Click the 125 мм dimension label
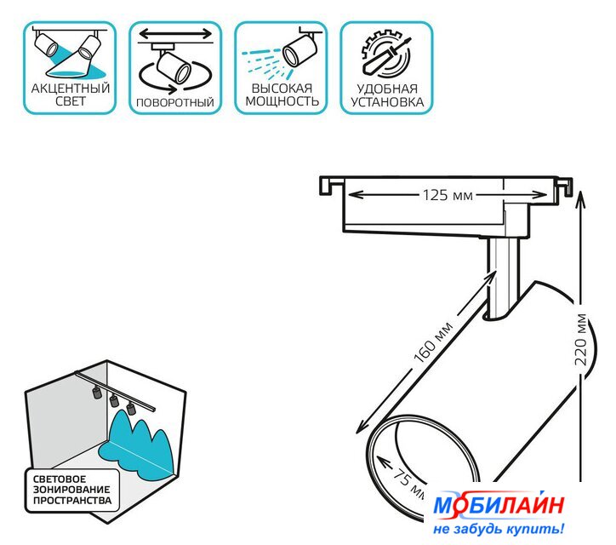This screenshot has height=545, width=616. point(448,195)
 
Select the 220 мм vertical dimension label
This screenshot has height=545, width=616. point(581,341)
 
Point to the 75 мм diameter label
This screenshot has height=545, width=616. point(409,481)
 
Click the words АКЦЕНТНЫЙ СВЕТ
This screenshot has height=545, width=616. point(70,95)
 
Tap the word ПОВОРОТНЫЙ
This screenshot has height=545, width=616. point(175,103)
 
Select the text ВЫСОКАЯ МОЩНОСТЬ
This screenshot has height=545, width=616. point(282,95)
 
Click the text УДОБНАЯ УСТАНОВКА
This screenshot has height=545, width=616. point(387,95)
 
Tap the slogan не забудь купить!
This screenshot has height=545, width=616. point(499,530)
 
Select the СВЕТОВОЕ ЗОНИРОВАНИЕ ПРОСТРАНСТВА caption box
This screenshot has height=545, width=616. point(71,490)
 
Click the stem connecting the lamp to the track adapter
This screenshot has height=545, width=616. point(502,277)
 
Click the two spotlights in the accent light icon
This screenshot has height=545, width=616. point(68,46)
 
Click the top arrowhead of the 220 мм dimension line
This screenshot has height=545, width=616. point(580,198)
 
